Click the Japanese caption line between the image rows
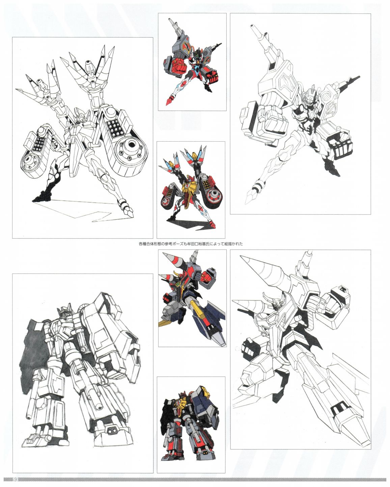[191, 244]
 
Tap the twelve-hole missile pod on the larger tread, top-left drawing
[116, 128]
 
